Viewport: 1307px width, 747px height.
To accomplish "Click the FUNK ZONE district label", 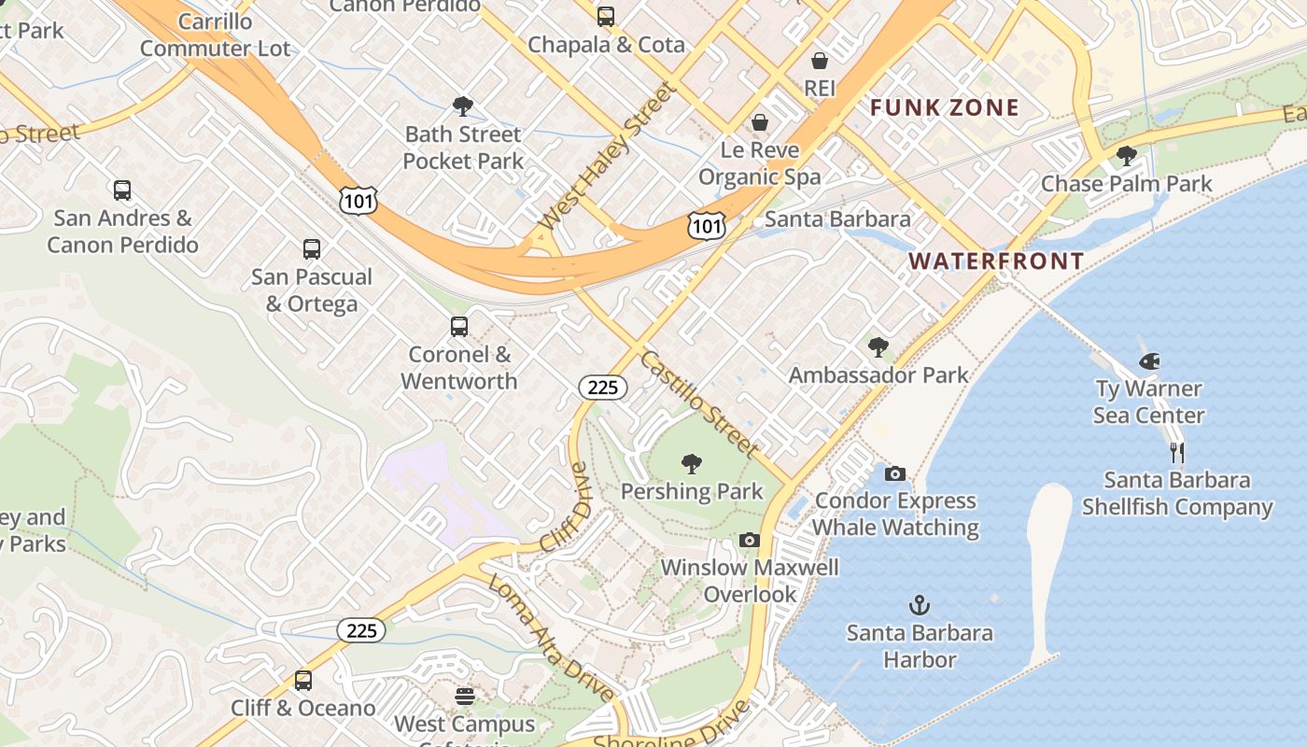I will pyautogui.click(x=945, y=107).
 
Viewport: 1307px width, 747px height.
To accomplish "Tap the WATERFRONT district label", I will pyautogui.click(x=997, y=261).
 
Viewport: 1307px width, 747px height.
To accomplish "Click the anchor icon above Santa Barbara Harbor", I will pyautogui.click(x=920, y=605).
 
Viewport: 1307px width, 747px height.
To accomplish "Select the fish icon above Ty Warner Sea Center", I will pyautogui.click(x=1149, y=361).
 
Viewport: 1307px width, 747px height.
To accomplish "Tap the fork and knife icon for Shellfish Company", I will pyautogui.click(x=1177, y=453).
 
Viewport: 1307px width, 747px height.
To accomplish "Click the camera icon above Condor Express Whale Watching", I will pyautogui.click(x=894, y=474).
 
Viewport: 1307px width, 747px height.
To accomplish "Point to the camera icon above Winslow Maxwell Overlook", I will pyautogui.click(x=749, y=541).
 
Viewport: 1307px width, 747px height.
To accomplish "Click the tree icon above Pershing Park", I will pyautogui.click(x=692, y=463).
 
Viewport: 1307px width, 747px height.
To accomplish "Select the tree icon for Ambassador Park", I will pyautogui.click(x=878, y=347).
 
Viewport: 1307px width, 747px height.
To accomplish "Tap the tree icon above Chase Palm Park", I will pyautogui.click(x=1127, y=156).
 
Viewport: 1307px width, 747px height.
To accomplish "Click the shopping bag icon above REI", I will pyautogui.click(x=820, y=61).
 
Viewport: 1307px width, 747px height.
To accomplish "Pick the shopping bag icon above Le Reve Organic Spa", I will pyautogui.click(x=760, y=122).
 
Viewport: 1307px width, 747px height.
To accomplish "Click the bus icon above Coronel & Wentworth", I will pyautogui.click(x=458, y=327).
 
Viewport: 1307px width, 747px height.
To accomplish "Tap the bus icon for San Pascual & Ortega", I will pyautogui.click(x=312, y=249).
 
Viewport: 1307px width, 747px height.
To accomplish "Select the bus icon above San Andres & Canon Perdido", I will pyautogui.click(x=122, y=190).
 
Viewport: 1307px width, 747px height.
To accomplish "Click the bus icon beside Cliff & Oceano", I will pyautogui.click(x=303, y=681).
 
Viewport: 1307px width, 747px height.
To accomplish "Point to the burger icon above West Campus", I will pyautogui.click(x=465, y=697).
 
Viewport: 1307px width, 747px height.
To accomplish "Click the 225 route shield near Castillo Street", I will pyautogui.click(x=603, y=387).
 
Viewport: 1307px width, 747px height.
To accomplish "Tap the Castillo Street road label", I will pyautogui.click(x=699, y=403).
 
